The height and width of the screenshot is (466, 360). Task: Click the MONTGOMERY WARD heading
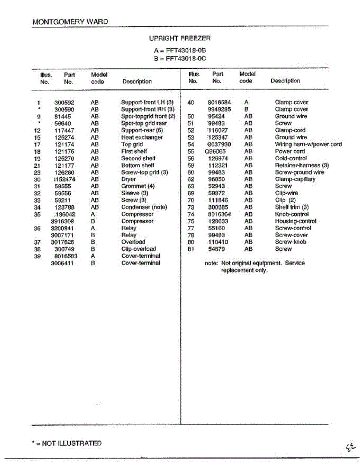(x=70, y=22)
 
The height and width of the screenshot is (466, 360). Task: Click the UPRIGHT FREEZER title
(x=180, y=38)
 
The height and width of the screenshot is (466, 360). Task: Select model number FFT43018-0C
(x=186, y=59)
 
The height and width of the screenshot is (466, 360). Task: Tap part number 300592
(x=64, y=103)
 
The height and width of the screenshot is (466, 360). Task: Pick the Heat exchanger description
(x=142, y=137)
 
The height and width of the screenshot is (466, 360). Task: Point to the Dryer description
(x=129, y=179)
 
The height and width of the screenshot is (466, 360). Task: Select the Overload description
(x=133, y=242)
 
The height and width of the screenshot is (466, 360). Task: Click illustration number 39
(x=37, y=256)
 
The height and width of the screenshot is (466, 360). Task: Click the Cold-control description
(x=291, y=158)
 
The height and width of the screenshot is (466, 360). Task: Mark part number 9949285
(x=219, y=110)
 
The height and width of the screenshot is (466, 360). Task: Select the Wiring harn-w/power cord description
(x=308, y=144)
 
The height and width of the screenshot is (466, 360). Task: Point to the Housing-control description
(x=296, y=221)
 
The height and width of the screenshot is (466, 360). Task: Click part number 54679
(x=217, y=249)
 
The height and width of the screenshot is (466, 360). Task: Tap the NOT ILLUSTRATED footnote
(x=69, y=443)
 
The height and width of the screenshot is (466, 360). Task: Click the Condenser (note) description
(x=144, y=207)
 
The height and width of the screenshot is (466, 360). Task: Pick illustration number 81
(x=191, y=249)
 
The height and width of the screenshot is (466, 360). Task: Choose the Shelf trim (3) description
(x=292, y=207)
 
